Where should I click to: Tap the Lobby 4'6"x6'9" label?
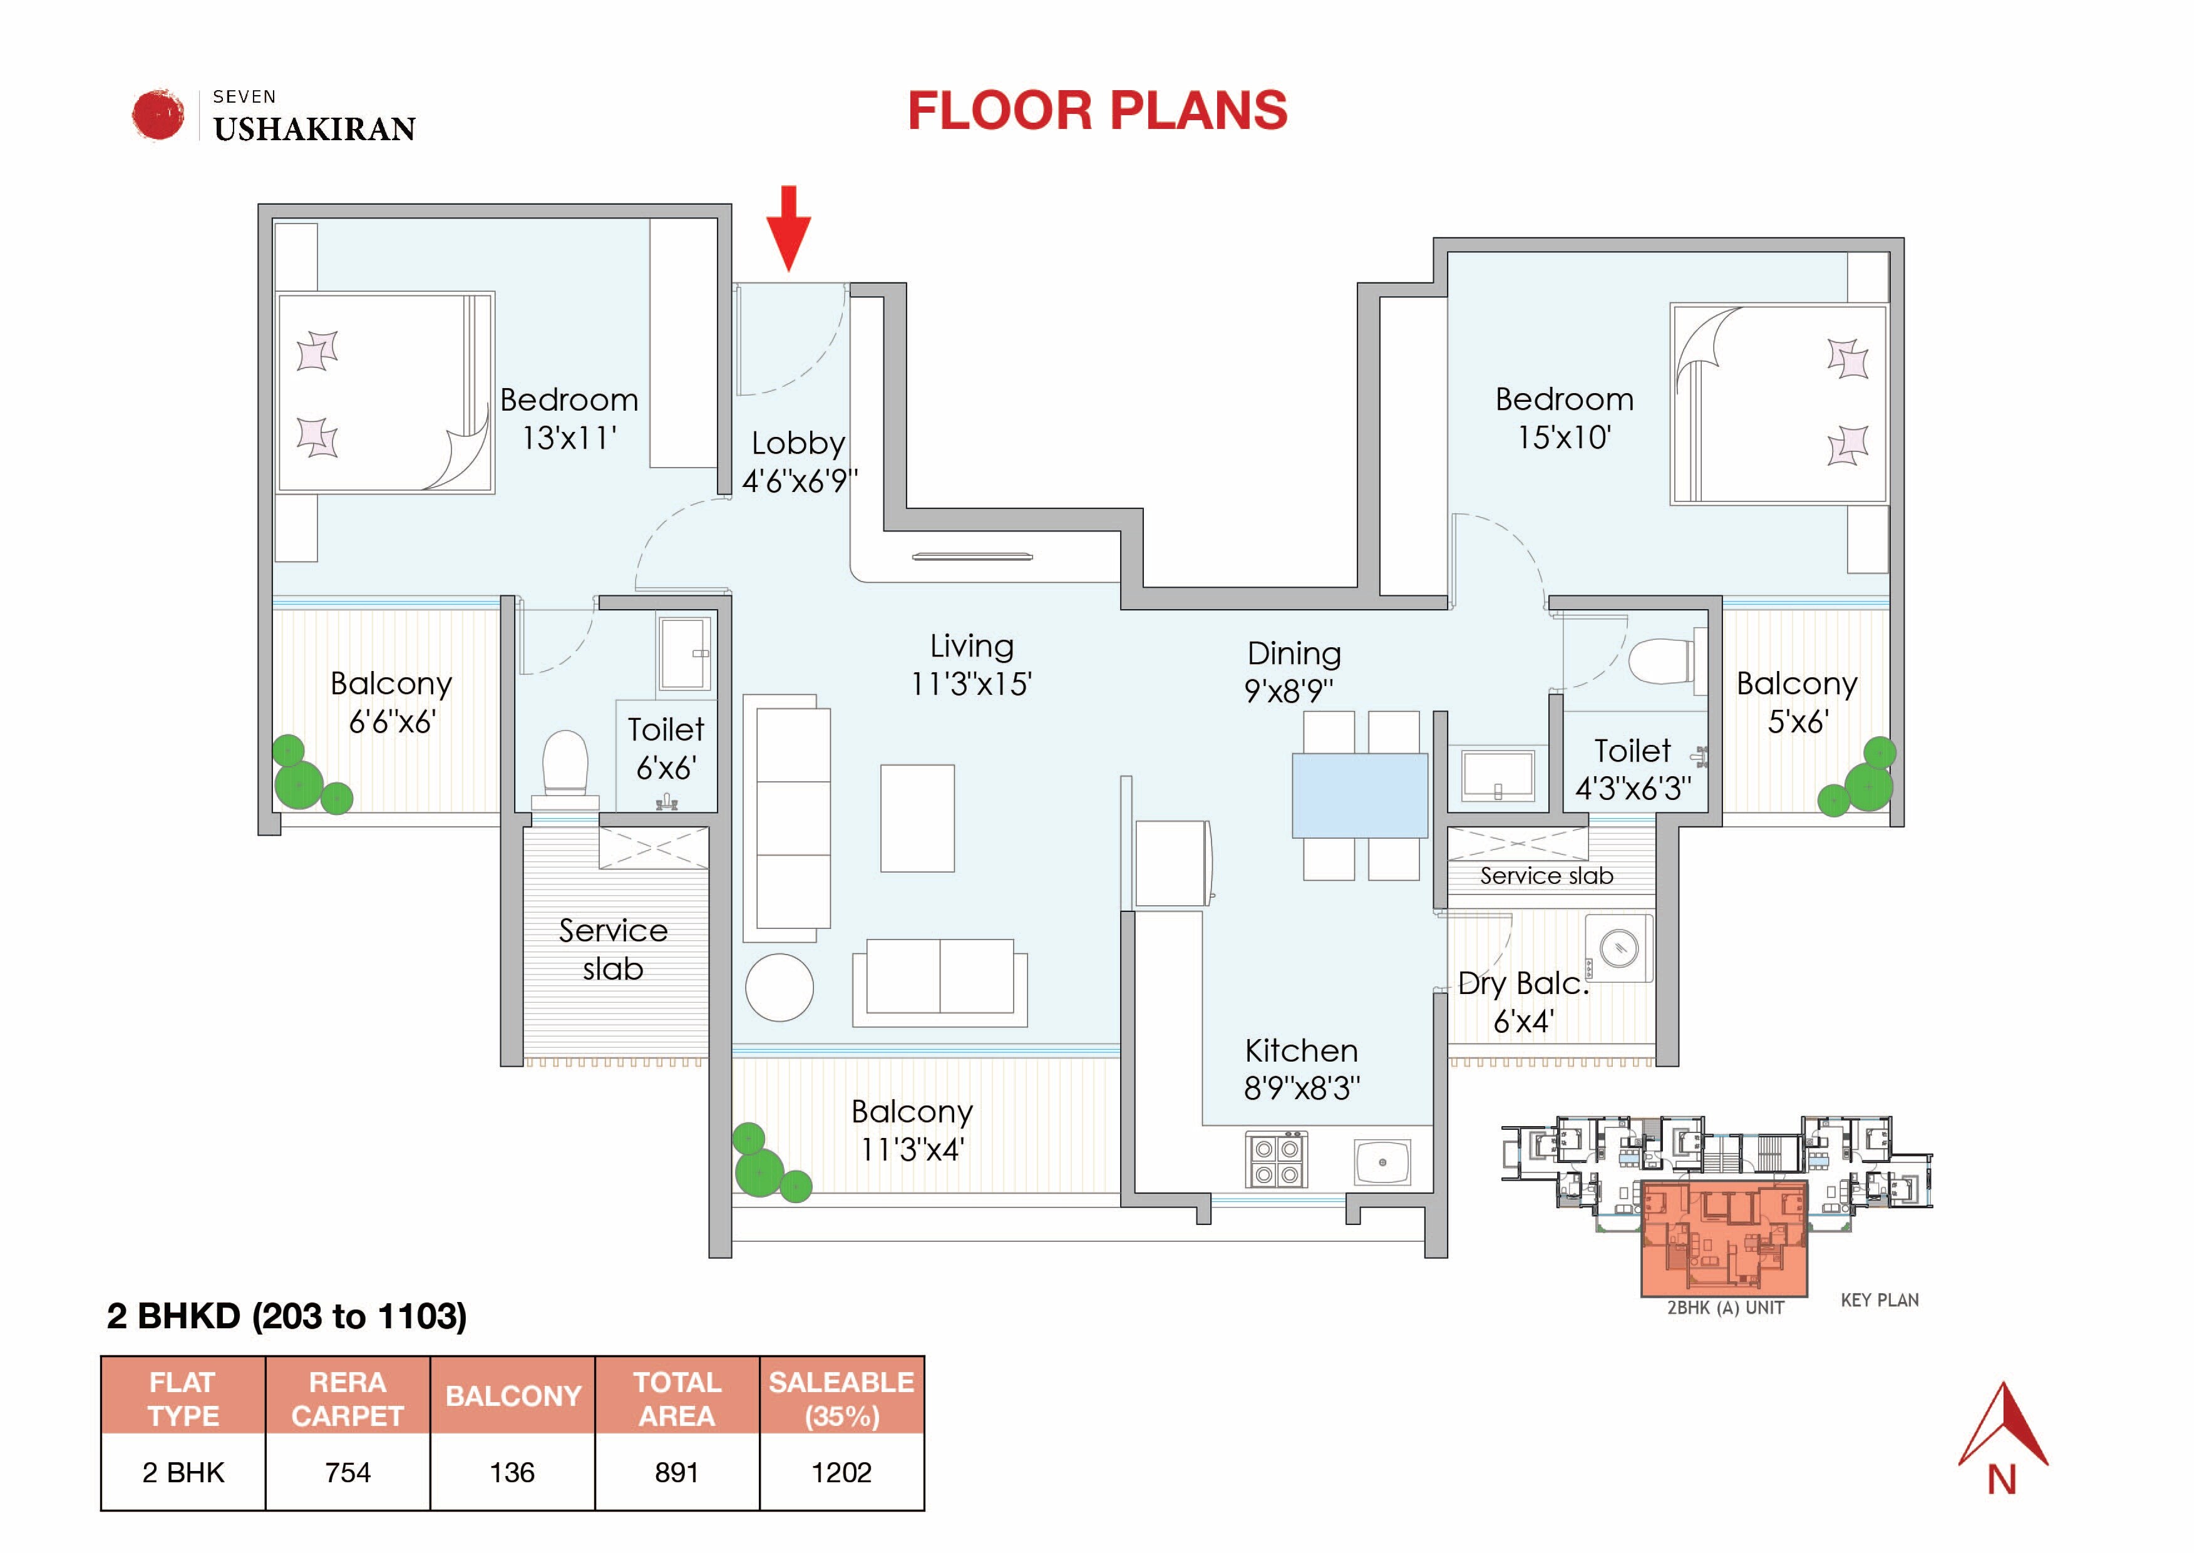(799, 461)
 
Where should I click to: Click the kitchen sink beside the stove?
(1382, 1162)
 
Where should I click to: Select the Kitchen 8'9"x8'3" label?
(1302, 1069)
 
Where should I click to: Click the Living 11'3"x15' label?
(971, 664)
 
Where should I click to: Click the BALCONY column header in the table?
(513, 1396)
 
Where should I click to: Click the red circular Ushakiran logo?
(158, 115)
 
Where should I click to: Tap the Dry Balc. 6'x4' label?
(1523, 1002)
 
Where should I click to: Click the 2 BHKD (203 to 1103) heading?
(287, 1316)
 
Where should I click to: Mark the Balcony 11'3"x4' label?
(912, 1129)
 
